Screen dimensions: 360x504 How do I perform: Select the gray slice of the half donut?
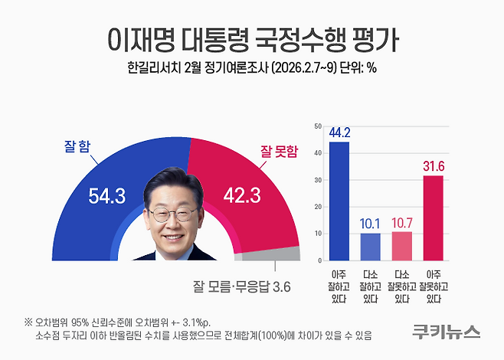click(x=285, y=256)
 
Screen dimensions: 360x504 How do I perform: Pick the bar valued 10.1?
click(x=370, y=247)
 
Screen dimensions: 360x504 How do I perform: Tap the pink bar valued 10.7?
click(x=401, y=246)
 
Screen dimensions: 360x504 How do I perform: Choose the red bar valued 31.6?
click(x=434, y=218)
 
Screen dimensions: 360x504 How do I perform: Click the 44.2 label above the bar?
click(x=339, y=132)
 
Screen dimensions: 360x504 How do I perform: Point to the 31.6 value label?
click(x=434, y=166)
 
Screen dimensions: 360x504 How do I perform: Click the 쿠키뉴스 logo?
click(x=446, y=331)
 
